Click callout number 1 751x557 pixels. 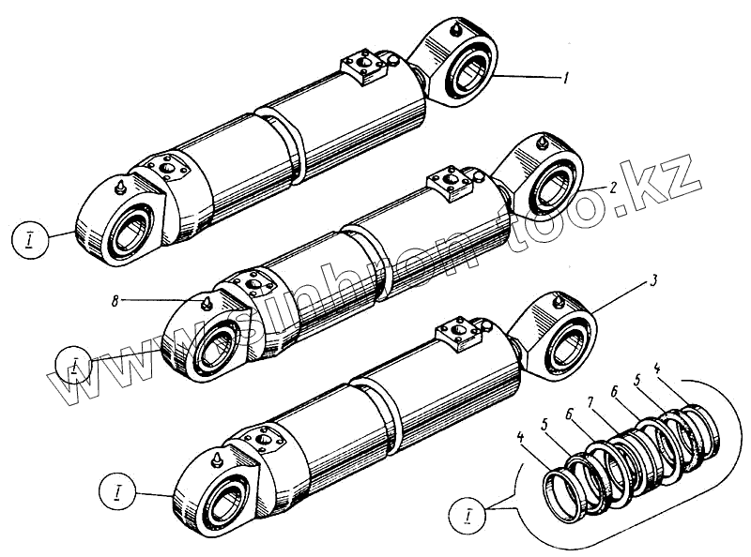(566, 80)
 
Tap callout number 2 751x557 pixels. (612, 188)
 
